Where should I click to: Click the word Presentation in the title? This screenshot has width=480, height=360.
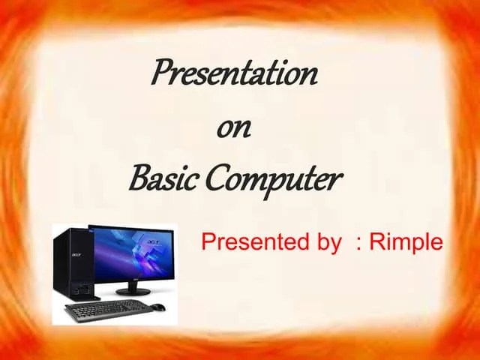click(235, 73)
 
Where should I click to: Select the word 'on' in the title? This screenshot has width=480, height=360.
click(233, 128)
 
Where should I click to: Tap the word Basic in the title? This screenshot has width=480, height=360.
click(154, 180)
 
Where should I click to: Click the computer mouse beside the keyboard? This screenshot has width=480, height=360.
click(158, 306)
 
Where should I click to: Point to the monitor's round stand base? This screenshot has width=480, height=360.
click(133, 290)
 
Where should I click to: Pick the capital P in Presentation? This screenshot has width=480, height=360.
click(160, 73)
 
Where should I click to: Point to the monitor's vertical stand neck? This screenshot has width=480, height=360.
click(133, 281)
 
